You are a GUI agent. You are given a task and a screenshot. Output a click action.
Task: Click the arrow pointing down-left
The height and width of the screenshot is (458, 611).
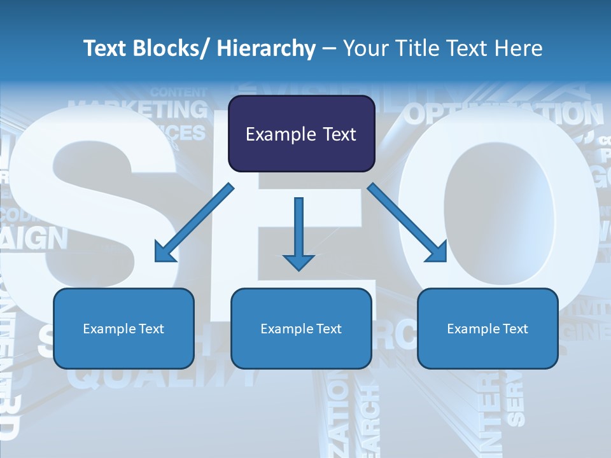pyautogui.click(x=193, y=223)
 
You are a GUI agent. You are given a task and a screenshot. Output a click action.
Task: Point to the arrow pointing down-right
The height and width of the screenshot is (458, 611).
pyautogui.click(x=407, y=223)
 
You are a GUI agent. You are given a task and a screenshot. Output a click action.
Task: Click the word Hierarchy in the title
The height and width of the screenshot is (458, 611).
pyautogui.click(x=266, y=48)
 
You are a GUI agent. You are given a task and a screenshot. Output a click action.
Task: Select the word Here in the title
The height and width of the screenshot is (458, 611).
pyautogui.click(x=518, y=48)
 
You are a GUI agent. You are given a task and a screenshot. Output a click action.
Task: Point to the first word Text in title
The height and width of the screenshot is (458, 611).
pyautogui.click(x=104, y=48)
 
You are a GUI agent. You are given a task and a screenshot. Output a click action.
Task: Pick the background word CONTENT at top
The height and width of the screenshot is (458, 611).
pyautogui.click(x=179, y=92)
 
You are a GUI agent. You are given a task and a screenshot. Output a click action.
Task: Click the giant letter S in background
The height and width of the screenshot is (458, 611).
pyautogui.click(x=95, y=210)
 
